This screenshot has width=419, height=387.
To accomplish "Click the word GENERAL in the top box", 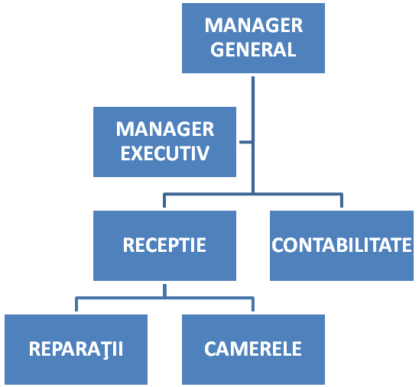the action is point(253,50).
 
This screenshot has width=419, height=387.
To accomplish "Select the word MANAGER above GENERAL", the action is point(254,25).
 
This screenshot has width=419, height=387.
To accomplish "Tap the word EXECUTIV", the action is point(164,153).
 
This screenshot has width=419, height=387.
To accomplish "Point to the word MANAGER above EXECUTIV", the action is point(165,129).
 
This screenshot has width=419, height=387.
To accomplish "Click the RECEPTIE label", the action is point(164,244).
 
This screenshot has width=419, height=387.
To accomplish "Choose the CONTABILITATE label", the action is point(342,244).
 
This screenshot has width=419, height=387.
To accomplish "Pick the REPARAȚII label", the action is point(76,349).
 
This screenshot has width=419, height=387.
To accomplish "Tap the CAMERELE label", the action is point(253,349).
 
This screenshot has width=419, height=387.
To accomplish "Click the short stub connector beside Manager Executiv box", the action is point(245,142).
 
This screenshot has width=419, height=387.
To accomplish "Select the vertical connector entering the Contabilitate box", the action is point(342,200).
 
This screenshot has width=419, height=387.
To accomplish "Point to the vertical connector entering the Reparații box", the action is point(76,304).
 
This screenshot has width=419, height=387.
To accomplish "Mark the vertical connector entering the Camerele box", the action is point(253,304).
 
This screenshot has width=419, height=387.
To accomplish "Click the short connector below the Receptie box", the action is point(164,291).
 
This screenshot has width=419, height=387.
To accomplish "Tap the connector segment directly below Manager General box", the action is point(253,134).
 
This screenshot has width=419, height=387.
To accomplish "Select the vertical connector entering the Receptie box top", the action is point(164,200).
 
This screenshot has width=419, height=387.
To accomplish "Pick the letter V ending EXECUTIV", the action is point(203,153).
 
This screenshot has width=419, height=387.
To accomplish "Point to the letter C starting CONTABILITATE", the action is point(277,245).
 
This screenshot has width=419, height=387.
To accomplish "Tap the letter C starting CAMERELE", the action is point(210,349).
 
